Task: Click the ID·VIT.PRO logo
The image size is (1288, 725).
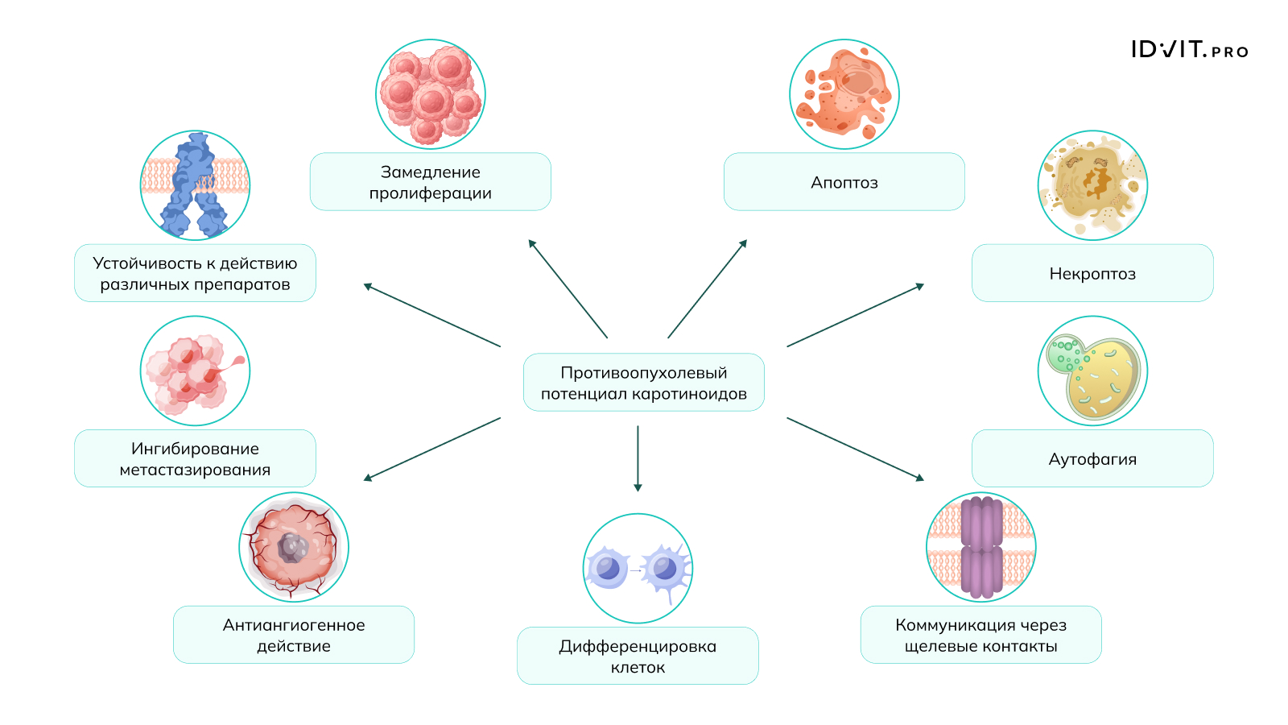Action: pyautogui.click(x=1190, y=49)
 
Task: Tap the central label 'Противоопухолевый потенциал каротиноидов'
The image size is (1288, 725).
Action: pyautogui.click(x=643, y=383)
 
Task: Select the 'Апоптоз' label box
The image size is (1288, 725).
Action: pyautogui.click(x=844, y=182)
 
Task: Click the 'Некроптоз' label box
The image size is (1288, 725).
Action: pyautogui.click(x=1092, y=273)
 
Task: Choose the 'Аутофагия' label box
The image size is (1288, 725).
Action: pyautogui.click(x=1092, y=458)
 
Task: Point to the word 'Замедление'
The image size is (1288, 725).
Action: pyautogui.click(x=430, y=172)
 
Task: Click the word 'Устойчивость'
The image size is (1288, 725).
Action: pyautogui.click(x=147, y=263)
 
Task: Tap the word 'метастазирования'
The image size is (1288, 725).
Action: pyautogui.click(x=195, y=470)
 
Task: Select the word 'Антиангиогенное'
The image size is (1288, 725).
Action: pyautogui.click(x=293, y=625)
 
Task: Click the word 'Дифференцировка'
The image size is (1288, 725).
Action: pyautogui.click(x=638, y=647)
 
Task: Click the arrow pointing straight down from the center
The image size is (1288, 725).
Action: pyautogui.click(x=638, y=458)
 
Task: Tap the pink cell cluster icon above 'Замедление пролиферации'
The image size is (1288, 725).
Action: pyautogui.click(x=431, y=94)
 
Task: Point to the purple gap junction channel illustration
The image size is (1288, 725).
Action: pyautogui.click(x=981, y=547)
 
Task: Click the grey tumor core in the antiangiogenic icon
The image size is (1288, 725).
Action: pyautogui.click(x=293, y=547)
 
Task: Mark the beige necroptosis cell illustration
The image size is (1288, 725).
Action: pyautogui.click(x=1092, y=185)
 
